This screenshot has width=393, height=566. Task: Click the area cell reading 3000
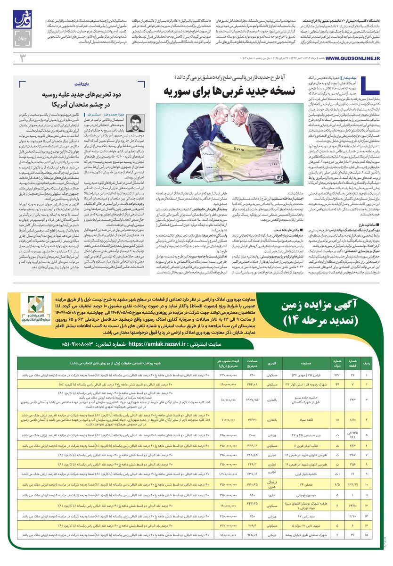click(x=253, y=433)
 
